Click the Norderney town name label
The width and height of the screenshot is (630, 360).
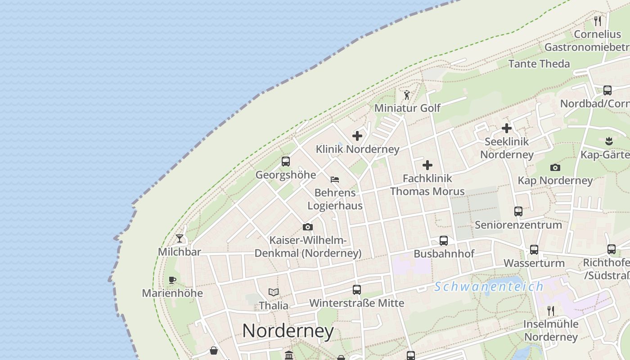click(288, 331)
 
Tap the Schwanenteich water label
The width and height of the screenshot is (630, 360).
click(489, 287)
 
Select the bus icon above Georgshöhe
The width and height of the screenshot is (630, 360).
click(286, 162)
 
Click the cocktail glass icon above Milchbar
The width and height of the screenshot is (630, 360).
click(180, 238)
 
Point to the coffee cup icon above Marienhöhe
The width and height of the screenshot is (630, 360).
click(172, 280)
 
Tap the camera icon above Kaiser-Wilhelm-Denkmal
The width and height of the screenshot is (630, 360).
click(308, 227)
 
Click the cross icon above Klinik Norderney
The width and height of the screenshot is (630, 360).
click(357, 135)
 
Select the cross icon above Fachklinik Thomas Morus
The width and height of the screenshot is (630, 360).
click(427, 165)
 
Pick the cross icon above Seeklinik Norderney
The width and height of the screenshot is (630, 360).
click(507, 128)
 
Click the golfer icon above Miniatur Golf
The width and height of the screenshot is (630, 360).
click(407, 95)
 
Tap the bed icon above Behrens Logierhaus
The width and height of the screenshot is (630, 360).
click(335, 179)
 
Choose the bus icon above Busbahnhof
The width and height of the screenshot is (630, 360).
click(444, 241)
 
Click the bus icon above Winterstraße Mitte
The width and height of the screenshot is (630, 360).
click(357, 290)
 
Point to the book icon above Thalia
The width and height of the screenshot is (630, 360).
click(274, 292)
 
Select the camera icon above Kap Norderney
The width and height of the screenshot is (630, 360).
click(555, 167)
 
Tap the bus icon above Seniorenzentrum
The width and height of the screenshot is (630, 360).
click(518, 211)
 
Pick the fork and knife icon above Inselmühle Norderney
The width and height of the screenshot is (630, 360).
click(550, 310)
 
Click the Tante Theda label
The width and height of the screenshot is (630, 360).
click(539, 63)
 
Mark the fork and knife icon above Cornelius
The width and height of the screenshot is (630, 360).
click(598, 21)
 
